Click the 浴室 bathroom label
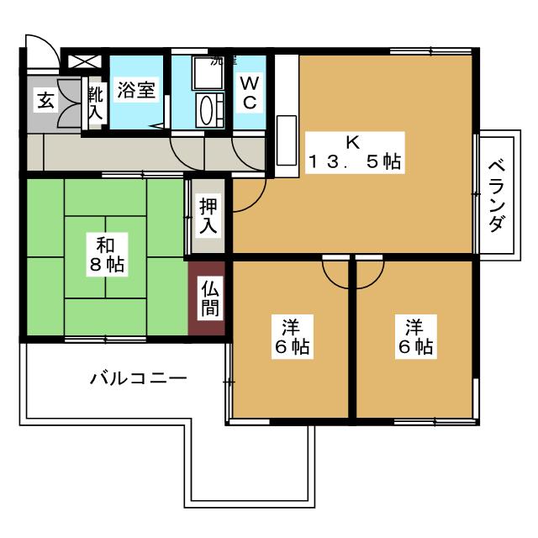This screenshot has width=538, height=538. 136,91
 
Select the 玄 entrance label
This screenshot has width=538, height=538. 44,101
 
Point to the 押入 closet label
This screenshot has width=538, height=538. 208,215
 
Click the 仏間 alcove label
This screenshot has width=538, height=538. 208,299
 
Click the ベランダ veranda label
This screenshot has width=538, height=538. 496,194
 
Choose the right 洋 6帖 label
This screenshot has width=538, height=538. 414,335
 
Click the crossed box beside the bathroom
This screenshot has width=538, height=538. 83,61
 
